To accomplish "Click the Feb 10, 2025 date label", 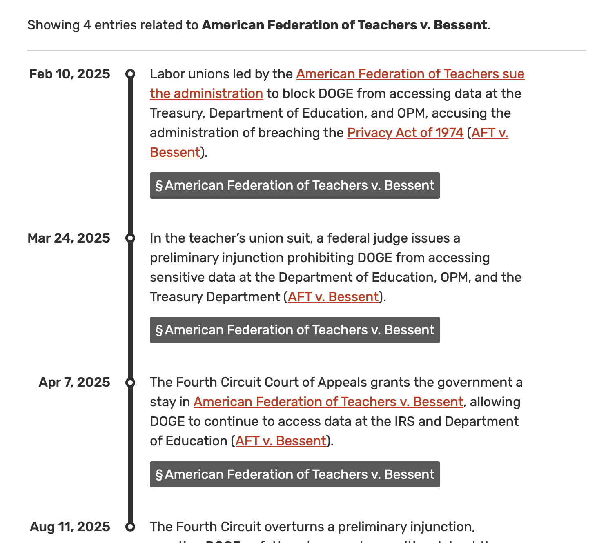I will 69,74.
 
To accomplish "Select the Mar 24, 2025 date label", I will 69,238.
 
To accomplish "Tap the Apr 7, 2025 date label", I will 74,382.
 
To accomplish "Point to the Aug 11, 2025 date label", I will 70,527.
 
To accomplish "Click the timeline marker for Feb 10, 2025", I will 130,74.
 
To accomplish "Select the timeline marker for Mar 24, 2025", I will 130,238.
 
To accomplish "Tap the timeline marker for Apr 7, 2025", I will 130,383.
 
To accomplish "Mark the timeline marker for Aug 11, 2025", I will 130,527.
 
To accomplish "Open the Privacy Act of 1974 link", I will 405,133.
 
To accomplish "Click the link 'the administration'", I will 206,93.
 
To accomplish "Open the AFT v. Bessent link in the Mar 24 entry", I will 333,297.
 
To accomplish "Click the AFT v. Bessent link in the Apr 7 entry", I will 281,441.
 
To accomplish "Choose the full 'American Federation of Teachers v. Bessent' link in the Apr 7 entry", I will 328,402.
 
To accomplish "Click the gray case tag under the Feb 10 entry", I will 295,185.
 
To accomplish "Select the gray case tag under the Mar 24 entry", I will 295,330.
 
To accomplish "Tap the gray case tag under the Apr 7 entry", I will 295,474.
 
